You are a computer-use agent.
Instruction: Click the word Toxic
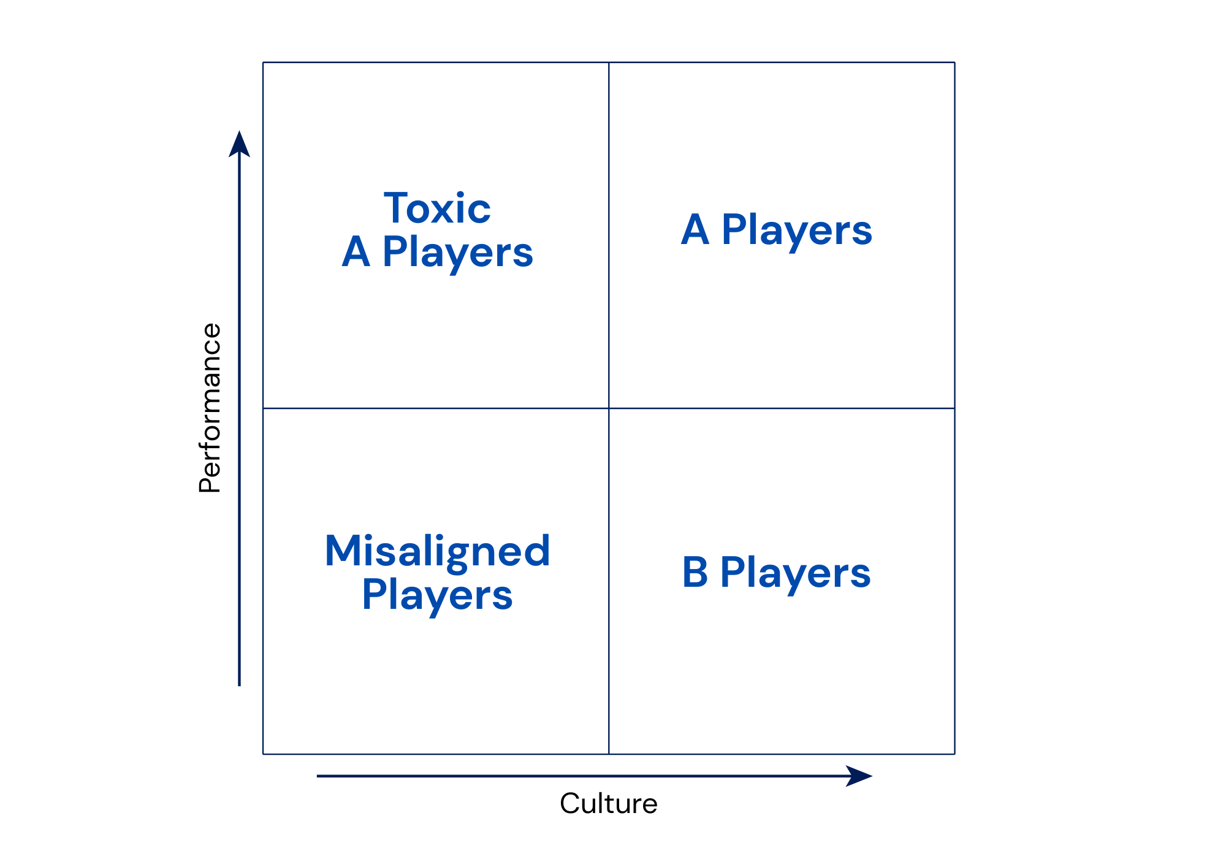point(437,208)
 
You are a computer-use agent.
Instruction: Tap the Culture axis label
point(608,803)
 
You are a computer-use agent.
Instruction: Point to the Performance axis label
point(210,408)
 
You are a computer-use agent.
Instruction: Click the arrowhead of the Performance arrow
point(239,143)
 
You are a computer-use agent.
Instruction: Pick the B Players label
point(776,573)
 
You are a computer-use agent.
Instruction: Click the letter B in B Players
point(695,572)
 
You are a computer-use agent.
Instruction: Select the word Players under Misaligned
point(437,596)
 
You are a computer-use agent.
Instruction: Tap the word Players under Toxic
point(457,253)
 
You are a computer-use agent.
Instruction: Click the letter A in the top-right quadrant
point(695,229)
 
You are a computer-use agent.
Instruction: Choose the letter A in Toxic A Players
point(356,251)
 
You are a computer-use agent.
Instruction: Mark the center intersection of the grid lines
point(609,408)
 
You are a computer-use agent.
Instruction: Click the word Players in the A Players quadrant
point(797,231)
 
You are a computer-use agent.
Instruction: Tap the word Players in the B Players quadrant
point(795,574)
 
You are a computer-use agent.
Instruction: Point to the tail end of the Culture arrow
point(317,776)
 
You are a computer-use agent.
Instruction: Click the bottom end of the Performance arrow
point(239,686)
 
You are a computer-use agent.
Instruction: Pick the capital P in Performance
point(210,484)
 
